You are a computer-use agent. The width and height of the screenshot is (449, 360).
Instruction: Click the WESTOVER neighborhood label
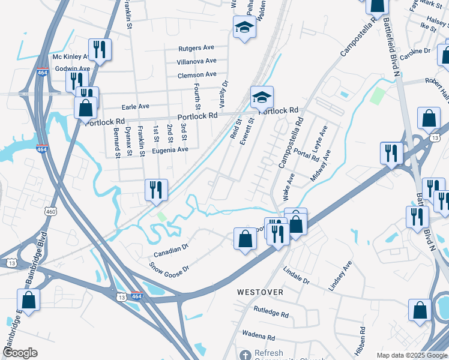click(260, 292)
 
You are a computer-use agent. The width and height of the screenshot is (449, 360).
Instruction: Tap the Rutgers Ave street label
click(196, 48)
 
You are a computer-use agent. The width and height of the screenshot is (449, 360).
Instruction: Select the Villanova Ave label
click(196, 61)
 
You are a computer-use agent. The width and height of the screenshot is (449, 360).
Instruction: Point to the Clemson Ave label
click(197, 75)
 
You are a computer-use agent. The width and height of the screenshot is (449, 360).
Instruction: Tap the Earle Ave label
click(135, 106)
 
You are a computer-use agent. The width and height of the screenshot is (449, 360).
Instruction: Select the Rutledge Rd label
click(271, 312)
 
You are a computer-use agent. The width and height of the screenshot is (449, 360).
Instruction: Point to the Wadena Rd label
click(258, 335)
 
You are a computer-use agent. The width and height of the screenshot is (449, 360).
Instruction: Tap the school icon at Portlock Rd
click(262, 97)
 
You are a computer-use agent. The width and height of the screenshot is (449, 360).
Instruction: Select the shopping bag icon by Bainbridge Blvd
click(28, 299)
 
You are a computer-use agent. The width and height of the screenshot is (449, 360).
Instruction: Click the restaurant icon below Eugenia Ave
click(155, 189)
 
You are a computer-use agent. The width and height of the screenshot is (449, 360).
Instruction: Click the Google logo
click(20, 353)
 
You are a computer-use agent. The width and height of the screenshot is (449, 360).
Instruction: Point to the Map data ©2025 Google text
click(411, 355)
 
